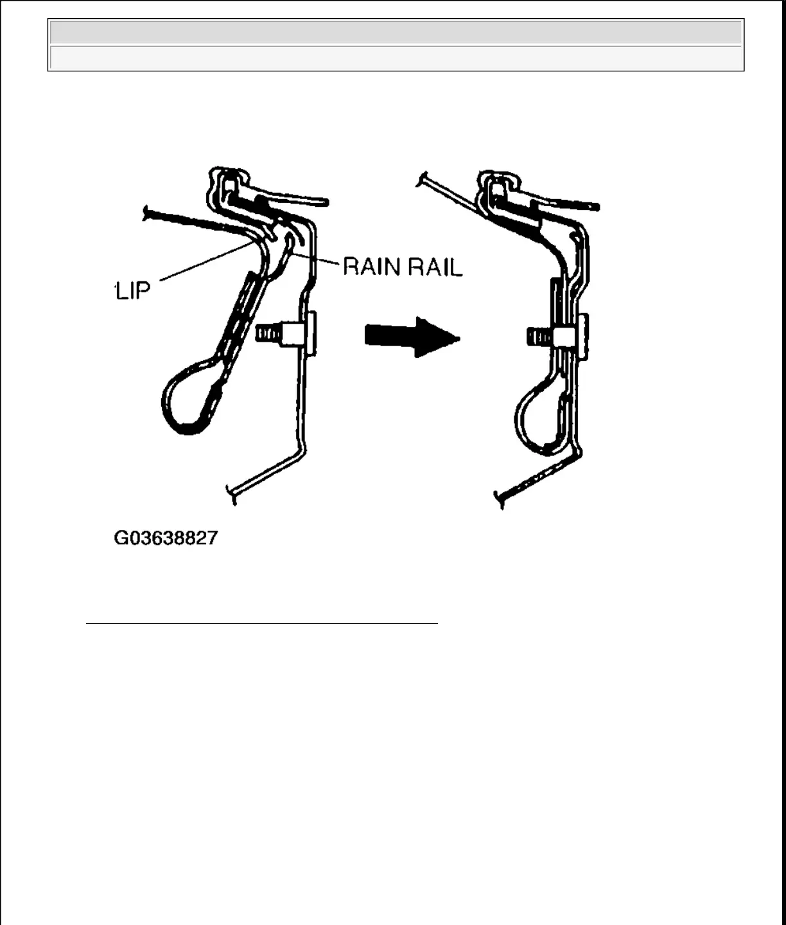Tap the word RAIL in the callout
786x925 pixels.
pyautogui.click(x=437, y=266)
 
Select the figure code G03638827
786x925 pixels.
pyautogui.click(x=166, y=538)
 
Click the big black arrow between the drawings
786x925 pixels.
pyautogui.click(x=412, y=336)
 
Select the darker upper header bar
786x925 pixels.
pyautogui.click(x=396, y=31)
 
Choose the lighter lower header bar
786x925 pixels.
pyautogui.click(x=396, y=58)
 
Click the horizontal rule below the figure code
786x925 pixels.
pyautogui.click(x=261, y=623)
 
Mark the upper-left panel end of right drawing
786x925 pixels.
pyautogui.click(x=423, y=180)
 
